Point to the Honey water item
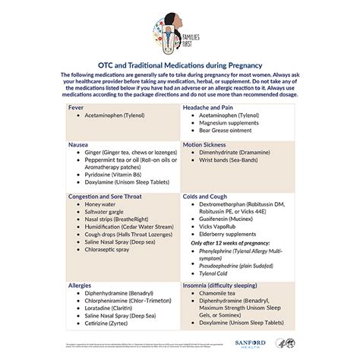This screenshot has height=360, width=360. click(x=104, y=204)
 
